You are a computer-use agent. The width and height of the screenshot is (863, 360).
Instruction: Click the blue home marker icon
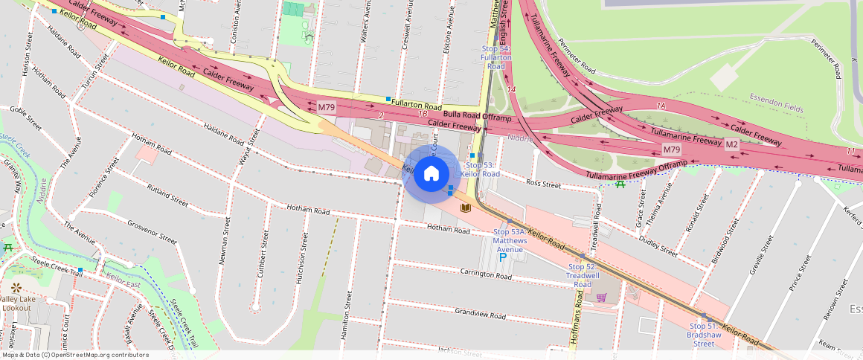click(x=431, y=174)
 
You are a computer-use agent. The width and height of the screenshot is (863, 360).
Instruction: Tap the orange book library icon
click(x=466, y=208)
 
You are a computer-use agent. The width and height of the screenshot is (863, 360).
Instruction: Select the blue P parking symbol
click(x=502, y=257)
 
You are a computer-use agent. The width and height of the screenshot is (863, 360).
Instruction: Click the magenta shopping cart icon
click(x=601, y=298)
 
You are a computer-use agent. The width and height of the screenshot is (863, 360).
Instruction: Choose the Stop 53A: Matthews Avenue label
click(x=510, y=240)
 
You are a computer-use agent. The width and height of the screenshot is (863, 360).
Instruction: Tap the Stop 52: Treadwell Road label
click(x=583, y=275)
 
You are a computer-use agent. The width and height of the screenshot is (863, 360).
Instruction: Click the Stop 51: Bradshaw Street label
click(x=704, y=335)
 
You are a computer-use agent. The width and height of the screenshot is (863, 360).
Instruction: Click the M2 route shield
click(x=731, y=144)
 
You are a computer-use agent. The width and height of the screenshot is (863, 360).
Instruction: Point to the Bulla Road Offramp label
click(x=477, y=116)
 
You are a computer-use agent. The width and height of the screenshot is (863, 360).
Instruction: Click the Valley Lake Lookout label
click(x=16, y=303)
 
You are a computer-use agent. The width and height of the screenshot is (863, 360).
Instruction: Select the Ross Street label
click(x=543, y=182)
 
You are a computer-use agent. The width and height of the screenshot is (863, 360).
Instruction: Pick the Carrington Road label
click(x=486, y=275)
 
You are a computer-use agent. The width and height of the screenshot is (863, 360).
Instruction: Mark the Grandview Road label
click(x=480, y=315)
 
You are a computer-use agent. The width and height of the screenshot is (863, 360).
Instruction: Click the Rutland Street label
click(x=167, y=194)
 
